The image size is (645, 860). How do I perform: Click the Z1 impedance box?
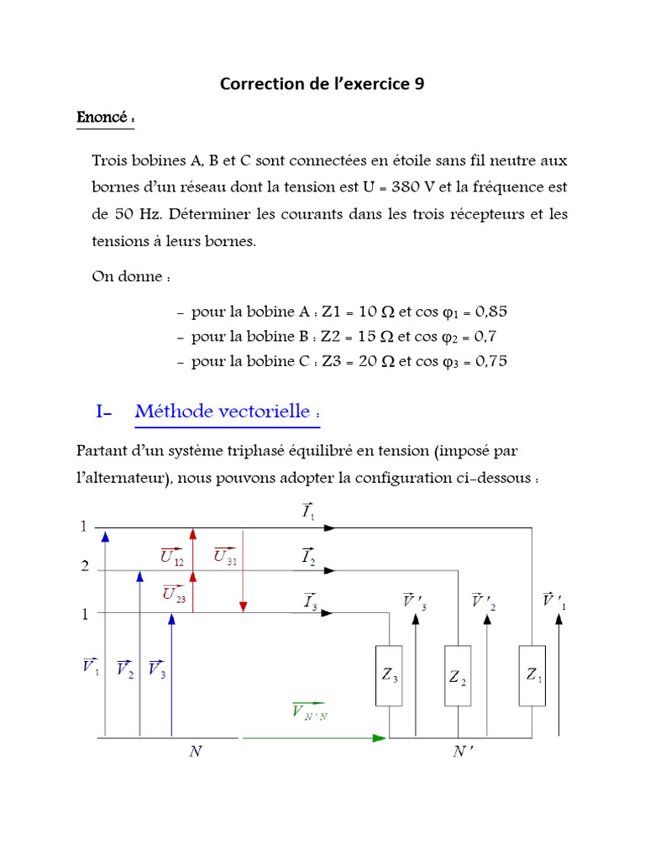coord(532,674)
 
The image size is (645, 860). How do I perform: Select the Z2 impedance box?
coord(458,676)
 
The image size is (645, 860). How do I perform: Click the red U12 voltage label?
coord(172,554)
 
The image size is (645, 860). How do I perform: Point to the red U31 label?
coord(224,555)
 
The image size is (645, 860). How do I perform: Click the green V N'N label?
coord(310,711)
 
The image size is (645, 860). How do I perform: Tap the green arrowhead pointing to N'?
coord(380,738)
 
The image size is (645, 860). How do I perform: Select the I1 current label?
coord(308,511)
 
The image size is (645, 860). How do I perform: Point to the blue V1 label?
coord(90,667)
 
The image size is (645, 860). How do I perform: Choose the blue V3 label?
coord(156,669)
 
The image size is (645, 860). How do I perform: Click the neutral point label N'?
coord(463,752)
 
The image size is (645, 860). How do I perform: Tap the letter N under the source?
coord(195,752)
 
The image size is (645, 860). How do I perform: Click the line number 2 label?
coord(85,567)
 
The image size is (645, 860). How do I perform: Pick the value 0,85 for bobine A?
coord(490,312)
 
